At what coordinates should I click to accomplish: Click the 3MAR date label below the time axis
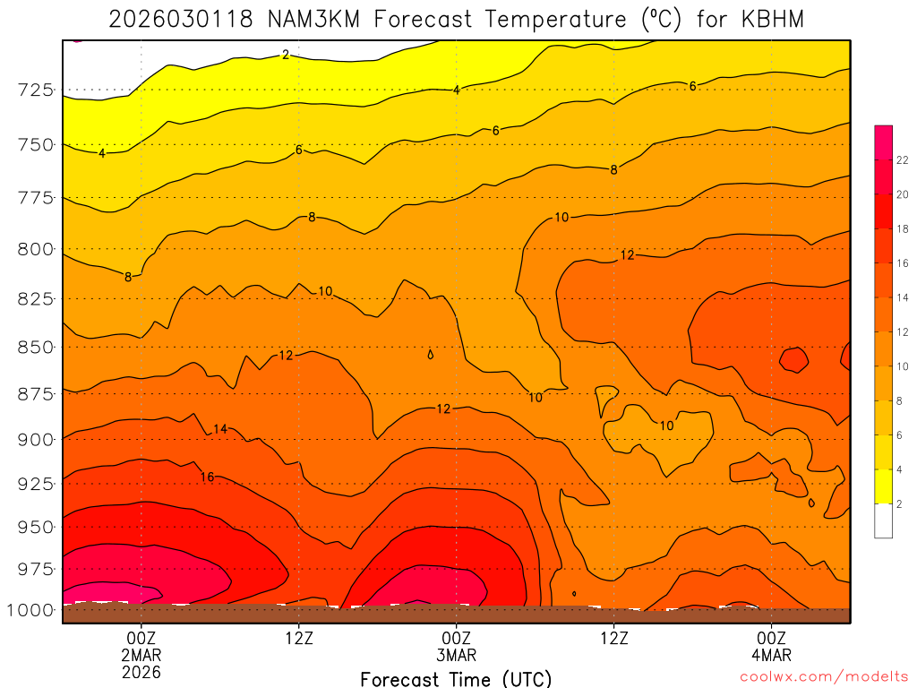click(456, 655)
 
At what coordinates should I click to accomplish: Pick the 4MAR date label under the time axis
click(771, 655)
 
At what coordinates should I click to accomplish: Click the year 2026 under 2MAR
click(141, 672)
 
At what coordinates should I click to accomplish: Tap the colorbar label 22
click(903, 159)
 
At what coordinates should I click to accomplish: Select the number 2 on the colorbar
click(900, 503)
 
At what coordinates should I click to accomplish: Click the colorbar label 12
click(903, 331)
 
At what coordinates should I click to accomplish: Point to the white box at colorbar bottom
click(883, 520)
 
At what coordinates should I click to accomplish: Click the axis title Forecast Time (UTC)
click(456, 678)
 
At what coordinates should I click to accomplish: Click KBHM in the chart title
click(773, 20)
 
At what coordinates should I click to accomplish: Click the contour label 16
click(207, 477)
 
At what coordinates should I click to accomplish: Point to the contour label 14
click(220, 430)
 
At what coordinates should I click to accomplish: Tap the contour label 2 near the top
click(285, 55)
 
